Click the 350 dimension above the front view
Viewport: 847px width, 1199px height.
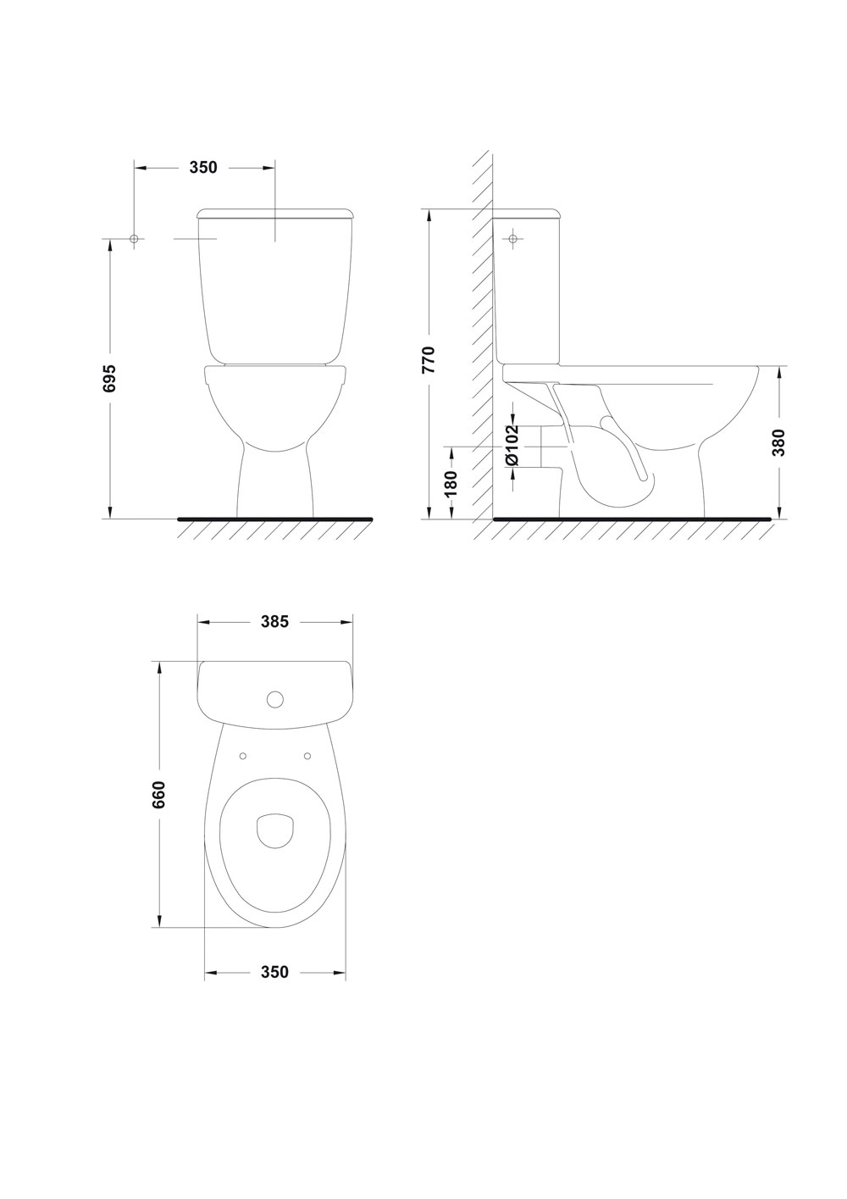coord(203,168)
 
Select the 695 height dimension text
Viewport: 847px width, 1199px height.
coord(110,379)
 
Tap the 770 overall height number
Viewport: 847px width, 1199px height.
coord(429,360)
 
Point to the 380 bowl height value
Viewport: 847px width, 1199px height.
coord(779,442)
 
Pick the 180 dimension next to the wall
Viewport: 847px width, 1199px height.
coord(452,483)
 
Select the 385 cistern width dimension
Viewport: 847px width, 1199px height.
coord(274,621)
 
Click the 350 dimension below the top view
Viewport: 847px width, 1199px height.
coord(274,972)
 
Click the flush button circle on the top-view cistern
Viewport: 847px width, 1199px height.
coord(275,698)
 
